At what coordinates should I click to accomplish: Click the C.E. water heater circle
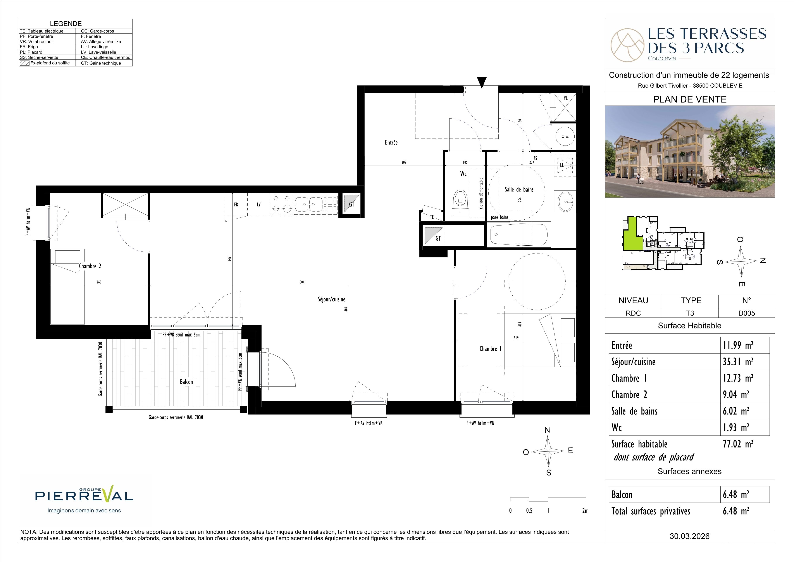[x=565, y=136]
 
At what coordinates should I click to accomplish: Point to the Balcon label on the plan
[x=186, y=382]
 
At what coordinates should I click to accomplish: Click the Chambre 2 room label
[x=90, y=266]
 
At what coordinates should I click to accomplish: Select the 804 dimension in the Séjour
[x=302, y=282]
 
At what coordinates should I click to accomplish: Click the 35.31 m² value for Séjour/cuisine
[x=738, y=362]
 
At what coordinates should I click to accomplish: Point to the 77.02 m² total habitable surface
[x=738, y=444]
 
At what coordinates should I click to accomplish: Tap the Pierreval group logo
[x=84, y=496]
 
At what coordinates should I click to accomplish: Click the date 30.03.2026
[x=690, y=536]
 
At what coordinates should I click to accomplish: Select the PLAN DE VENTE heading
[x=690, y=99]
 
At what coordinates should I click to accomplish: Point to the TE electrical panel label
[x=432, y=217]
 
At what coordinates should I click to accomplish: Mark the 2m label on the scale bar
[x=585, y=510]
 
